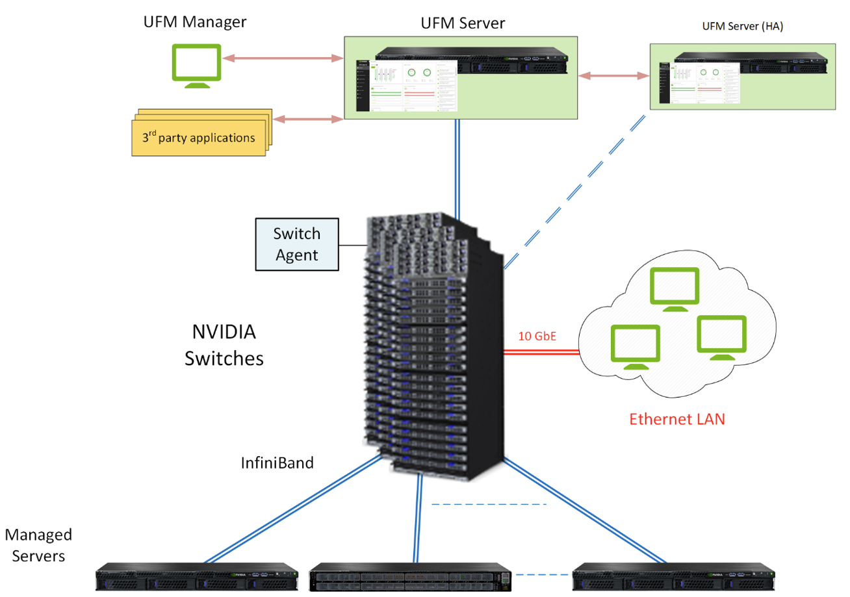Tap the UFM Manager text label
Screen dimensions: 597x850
(195, 22)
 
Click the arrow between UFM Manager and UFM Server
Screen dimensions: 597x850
(283, 58)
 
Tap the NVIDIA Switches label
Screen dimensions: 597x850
(224, 346)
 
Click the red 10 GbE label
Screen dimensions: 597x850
(536, 337)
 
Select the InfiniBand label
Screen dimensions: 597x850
(277, 463)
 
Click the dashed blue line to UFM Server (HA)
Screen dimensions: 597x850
(575, 192)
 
